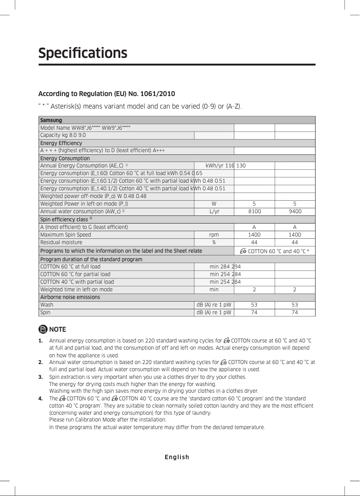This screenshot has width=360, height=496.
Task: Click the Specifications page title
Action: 83,53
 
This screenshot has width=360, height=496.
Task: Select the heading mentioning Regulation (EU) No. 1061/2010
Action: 106,94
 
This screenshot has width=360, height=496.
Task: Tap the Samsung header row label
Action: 51,120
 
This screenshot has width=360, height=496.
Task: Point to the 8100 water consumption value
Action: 254,211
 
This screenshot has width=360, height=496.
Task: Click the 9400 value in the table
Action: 294,211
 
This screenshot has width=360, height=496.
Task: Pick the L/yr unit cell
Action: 214,211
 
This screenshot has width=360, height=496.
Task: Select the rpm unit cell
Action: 214,235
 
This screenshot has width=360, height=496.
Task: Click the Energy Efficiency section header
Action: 61,143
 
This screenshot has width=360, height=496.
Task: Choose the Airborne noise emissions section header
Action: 70,297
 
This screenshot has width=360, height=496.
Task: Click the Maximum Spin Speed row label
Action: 66,235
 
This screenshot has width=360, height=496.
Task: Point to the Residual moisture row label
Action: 61,242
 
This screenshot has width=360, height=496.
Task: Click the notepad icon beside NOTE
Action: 43,329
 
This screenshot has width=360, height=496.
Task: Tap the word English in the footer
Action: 177,457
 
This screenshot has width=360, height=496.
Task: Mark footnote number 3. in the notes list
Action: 40,377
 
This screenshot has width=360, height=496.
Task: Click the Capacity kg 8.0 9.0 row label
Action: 63,135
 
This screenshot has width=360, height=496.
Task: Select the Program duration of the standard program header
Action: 91,259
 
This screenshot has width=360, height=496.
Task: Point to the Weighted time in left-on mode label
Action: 76,290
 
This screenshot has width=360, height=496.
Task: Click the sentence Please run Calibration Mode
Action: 107,420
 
